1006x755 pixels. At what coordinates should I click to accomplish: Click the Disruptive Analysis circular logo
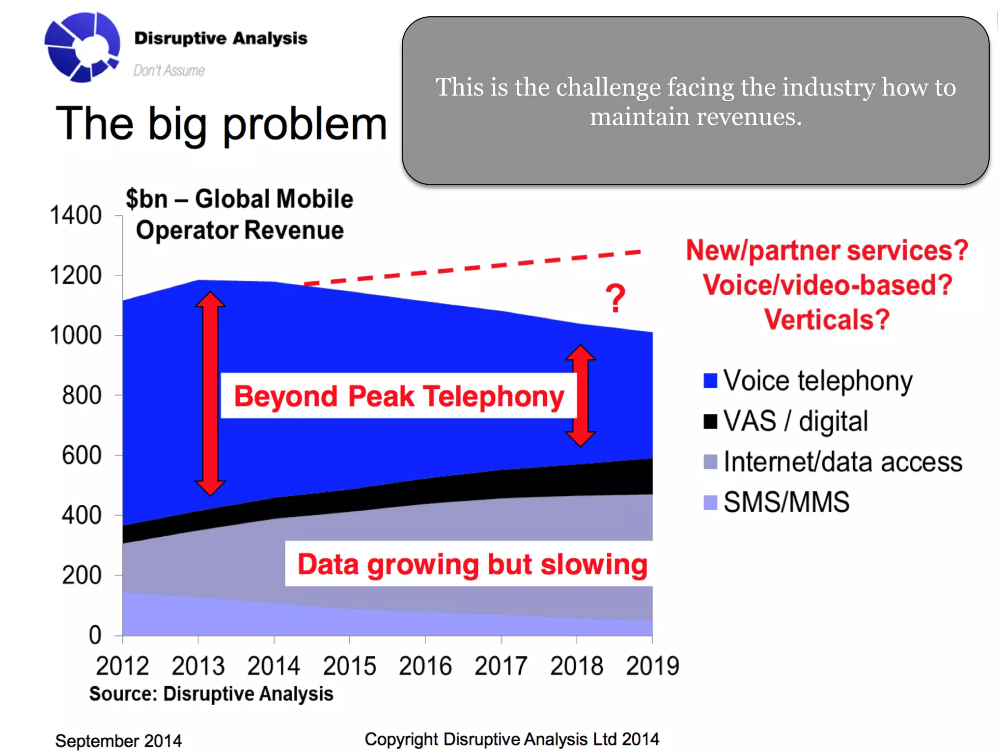coord(82,47)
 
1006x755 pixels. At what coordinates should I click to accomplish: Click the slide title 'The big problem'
coord(221,124)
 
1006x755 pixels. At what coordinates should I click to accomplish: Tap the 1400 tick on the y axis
coord(76,215)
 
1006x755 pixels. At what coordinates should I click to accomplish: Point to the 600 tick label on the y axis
coord(82,455)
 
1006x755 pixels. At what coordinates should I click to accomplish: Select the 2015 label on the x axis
coord(349,666)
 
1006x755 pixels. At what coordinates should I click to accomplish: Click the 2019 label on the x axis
coord(652,666)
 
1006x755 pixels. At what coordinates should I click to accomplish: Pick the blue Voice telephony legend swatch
coord(710,380)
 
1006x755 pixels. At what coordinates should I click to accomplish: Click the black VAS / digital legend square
coord(710,421)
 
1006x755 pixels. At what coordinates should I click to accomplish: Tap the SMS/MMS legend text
coord(786,502)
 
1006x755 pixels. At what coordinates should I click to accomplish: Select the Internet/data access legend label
coord(842,462)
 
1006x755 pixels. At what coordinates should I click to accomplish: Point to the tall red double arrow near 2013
coord(210,393)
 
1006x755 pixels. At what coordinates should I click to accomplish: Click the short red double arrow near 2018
coord(581,396)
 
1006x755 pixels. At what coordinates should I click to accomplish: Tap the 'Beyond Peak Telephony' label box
coord(398,396)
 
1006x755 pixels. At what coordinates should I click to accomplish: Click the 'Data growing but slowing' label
coord(472,564)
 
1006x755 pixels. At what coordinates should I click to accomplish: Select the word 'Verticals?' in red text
coord(827,319)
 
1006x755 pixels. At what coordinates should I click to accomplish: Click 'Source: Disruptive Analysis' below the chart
coord(211,694)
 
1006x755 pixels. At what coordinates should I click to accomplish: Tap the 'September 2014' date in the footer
coord(118,740)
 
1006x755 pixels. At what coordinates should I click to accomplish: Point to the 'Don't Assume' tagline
coord(169,70)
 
